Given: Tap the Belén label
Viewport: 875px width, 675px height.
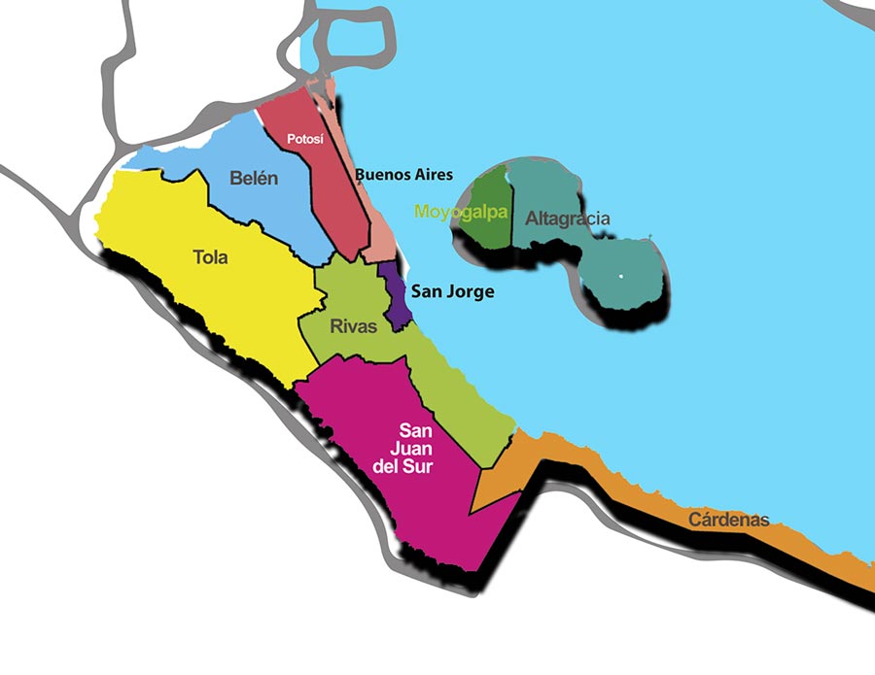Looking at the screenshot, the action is [254, 178].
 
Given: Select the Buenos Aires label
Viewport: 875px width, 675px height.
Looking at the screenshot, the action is [403, 175].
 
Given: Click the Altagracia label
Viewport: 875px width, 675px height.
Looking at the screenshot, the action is [568, 219].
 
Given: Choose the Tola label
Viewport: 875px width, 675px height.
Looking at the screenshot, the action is [210, 257].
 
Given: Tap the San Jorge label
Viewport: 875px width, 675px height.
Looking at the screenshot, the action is [452, 290].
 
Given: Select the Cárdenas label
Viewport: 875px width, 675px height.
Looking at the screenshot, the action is [728, 520].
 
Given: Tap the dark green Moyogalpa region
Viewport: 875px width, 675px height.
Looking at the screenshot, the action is [494, 219].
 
